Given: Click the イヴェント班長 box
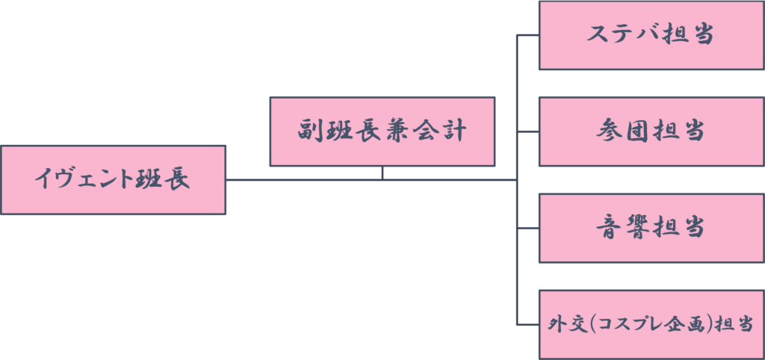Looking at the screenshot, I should click(113, 180).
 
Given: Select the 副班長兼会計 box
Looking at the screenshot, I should click(382, 131).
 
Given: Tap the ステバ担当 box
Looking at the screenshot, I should click(651, 35).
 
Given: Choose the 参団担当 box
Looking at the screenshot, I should click(651, 131).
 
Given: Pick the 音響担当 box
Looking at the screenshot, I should click(651, 228).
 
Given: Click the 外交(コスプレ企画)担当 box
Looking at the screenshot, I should click(651, 324).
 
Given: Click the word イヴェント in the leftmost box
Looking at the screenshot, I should click(84, 180).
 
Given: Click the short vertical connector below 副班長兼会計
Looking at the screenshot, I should click(382, 173).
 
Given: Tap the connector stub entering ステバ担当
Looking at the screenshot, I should click(527, 35).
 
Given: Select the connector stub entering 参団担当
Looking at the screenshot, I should click(527, 131).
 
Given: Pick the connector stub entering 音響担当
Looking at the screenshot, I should click(527, 228).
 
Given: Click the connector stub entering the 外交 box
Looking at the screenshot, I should click(527, 324).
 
